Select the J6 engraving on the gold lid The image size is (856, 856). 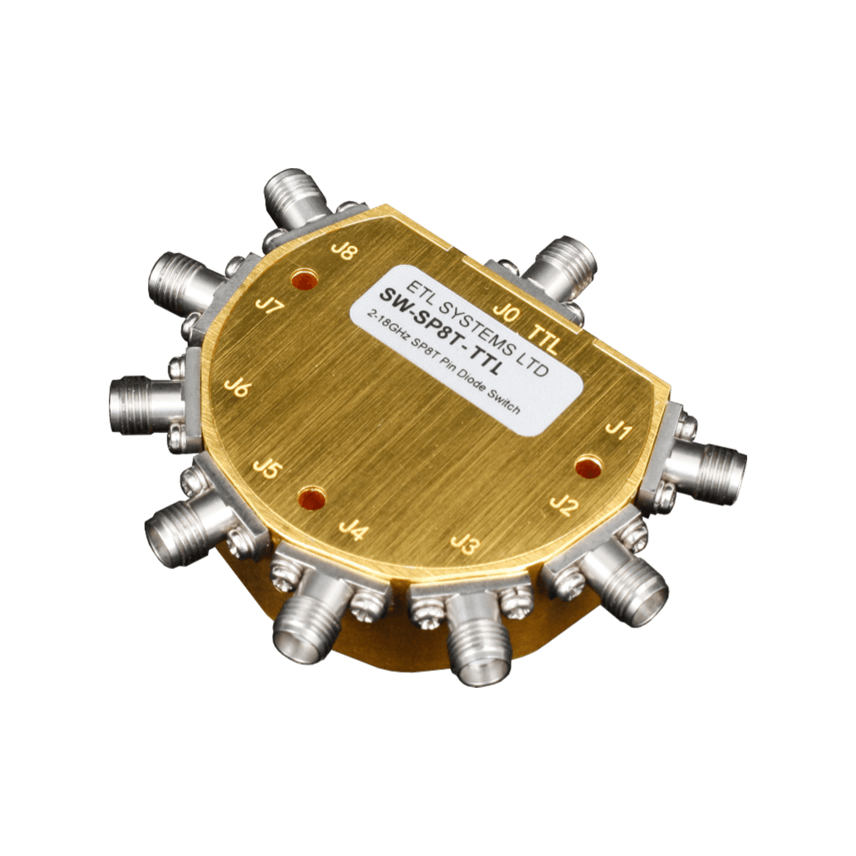coord(238,389)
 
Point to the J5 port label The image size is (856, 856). coord(267,468)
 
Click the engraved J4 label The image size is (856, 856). coord(354,531)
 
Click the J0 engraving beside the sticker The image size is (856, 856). coord(506,314)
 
